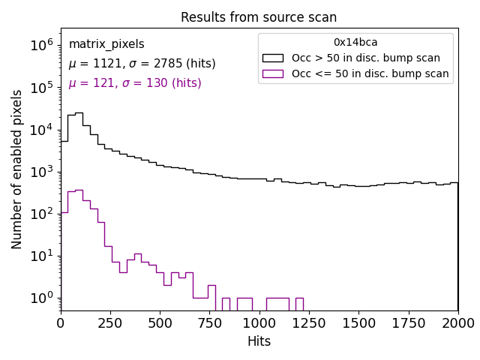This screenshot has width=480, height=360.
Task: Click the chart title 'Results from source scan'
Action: [259, 17]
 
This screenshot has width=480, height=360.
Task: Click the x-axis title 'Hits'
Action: [259, 341]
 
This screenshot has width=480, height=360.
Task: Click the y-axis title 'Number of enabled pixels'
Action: [17, 169]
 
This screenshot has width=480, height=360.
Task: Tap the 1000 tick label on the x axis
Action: [259, 322]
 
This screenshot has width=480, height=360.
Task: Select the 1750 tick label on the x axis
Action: [408, 322]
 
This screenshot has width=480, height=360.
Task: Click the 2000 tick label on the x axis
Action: [457, 322]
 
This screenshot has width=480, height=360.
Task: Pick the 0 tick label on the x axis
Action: [61, 322]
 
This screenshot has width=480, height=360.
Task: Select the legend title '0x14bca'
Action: [355, 43]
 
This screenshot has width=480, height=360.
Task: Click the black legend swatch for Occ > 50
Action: [273, 58]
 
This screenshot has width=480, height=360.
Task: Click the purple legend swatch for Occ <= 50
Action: [273, 73]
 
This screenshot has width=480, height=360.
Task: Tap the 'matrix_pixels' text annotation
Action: [106, 44]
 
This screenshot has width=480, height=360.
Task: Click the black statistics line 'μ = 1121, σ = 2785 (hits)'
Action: [142, 64]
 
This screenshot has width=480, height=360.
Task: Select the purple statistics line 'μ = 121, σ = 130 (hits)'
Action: [135, 83]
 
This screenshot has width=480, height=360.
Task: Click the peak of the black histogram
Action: [79, 112]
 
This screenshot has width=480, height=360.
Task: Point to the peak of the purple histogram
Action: [79, 190]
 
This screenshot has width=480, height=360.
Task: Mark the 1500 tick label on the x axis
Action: [358, 322]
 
